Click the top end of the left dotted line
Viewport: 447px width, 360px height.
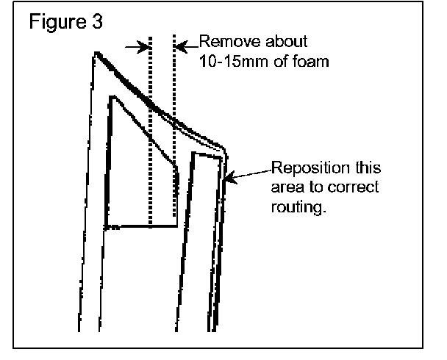click(150, 35)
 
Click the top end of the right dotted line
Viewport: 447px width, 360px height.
click(174, 35)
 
